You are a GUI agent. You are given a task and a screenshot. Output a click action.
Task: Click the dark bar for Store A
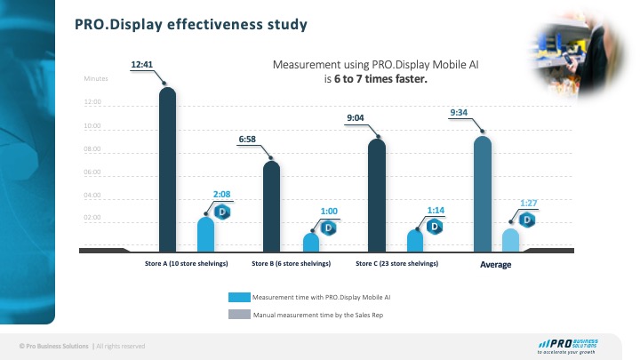click(167, 169)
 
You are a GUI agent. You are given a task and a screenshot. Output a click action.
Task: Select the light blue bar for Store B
click(311, 243)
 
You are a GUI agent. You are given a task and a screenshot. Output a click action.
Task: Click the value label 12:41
click(143, 64)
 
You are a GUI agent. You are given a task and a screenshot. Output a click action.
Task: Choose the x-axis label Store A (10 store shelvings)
click(187, 264)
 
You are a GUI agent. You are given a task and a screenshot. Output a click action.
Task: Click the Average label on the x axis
click(496, 265)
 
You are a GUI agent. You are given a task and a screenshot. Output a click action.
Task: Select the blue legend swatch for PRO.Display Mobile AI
click(239, 298)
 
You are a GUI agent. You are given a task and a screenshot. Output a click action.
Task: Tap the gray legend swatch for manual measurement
click(239, 314)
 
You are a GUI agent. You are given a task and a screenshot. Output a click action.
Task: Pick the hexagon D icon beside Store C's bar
click(434, 226)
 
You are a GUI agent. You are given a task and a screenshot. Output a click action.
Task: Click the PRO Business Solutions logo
click(569, 345)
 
